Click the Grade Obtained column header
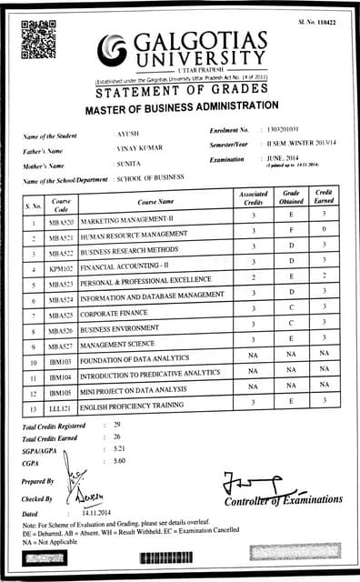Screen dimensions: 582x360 click(291, 197)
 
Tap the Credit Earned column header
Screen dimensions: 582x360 click(325, 197)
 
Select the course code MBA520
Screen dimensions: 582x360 click(62, 221)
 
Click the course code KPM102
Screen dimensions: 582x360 click(62, 270)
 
